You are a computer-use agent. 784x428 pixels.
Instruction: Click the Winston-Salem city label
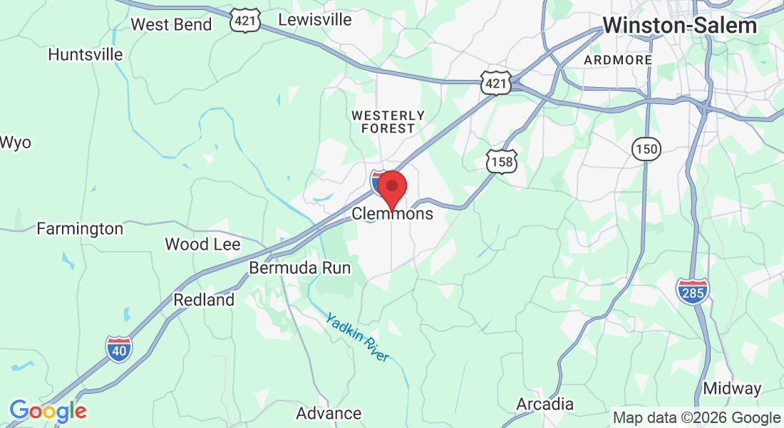[x=679, y=26]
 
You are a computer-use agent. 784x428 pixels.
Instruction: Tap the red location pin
[x=391, y=188]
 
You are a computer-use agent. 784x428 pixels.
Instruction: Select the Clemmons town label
[x=393, y=214]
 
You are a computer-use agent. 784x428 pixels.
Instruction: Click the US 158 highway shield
[x=500, y=163]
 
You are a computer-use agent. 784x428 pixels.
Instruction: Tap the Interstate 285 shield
[x=692, y=291]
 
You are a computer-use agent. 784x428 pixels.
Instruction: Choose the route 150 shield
[x=646, y=149]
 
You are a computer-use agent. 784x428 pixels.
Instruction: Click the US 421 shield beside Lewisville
[x=244, y=21]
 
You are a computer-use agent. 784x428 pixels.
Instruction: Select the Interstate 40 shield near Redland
[x=118, y=349]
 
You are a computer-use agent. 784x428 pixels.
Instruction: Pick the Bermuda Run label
[x=299, y=268]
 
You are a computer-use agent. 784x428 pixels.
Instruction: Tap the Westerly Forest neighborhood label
[x=388, y=122]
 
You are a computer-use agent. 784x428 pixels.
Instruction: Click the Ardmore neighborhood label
[x=618, y=60]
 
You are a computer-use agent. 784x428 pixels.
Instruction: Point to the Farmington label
[x=80, y=229]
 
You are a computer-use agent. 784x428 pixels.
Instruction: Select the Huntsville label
[x=85, y=54]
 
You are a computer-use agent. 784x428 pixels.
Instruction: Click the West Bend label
[x=171, y=24]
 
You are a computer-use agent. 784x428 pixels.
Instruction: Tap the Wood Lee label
[x=202, y=245]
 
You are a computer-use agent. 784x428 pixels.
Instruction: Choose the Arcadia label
[x=545, y=404]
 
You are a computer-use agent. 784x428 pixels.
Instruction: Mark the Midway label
[x=732, y=389]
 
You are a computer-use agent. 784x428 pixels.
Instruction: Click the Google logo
[x=48, y=411]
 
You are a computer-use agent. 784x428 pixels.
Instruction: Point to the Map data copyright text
[x=696, y=418]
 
